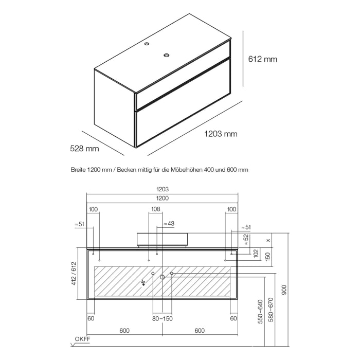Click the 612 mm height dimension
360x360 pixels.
point(263,59)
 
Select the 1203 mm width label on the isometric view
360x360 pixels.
point(221,134)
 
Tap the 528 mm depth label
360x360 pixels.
point(84,149)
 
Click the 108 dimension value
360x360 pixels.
point(156,209)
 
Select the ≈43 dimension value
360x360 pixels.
point(169,224)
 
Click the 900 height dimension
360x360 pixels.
point(284,291)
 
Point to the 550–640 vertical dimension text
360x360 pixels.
point(260,312)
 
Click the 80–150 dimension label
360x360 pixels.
point(162,319)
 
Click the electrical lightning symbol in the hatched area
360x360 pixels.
point(143,282)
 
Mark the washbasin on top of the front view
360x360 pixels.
point(162,239)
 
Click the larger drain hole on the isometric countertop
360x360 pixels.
point(167,55)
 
